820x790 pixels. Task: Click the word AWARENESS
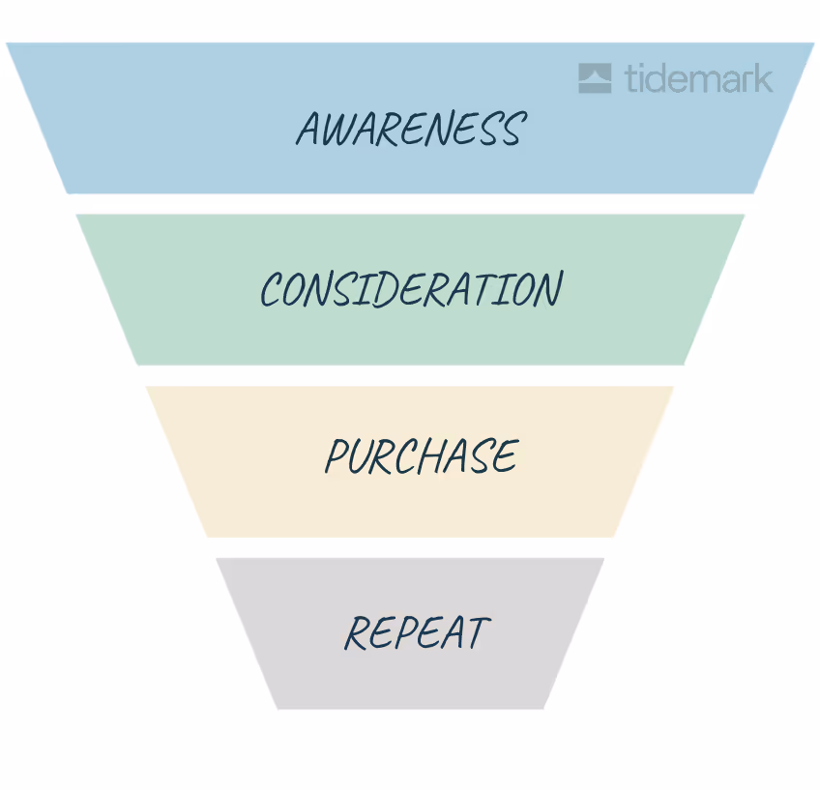coord(410,129)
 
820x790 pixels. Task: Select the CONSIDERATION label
coord(411,289)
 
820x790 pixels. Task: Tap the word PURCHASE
coord(422,456)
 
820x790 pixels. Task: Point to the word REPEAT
coord(417,633)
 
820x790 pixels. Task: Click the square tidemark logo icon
coord(595,78)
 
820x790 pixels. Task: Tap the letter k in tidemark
coord(763,77)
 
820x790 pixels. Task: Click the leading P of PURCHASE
coord(337,456)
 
